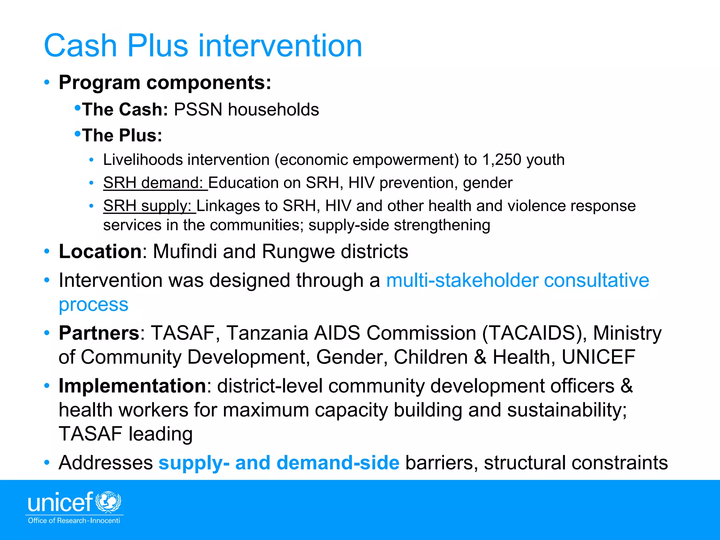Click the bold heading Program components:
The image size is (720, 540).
coord(165,83)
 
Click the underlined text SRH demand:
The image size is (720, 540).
coord(155,183)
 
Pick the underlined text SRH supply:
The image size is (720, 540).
coord(149,206)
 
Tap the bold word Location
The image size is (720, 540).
coord(100,251)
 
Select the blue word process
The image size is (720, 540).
coord(94,304)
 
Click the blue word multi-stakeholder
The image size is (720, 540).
coord(462,281)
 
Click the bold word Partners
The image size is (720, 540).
coord(99,333)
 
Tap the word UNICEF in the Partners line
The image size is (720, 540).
coord(598,357)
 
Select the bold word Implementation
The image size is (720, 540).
coord(132,386)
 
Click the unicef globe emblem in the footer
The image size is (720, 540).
coord(108,501)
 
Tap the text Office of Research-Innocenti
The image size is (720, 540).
coord(74,521)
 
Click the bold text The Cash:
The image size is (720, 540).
coord(125,109)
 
